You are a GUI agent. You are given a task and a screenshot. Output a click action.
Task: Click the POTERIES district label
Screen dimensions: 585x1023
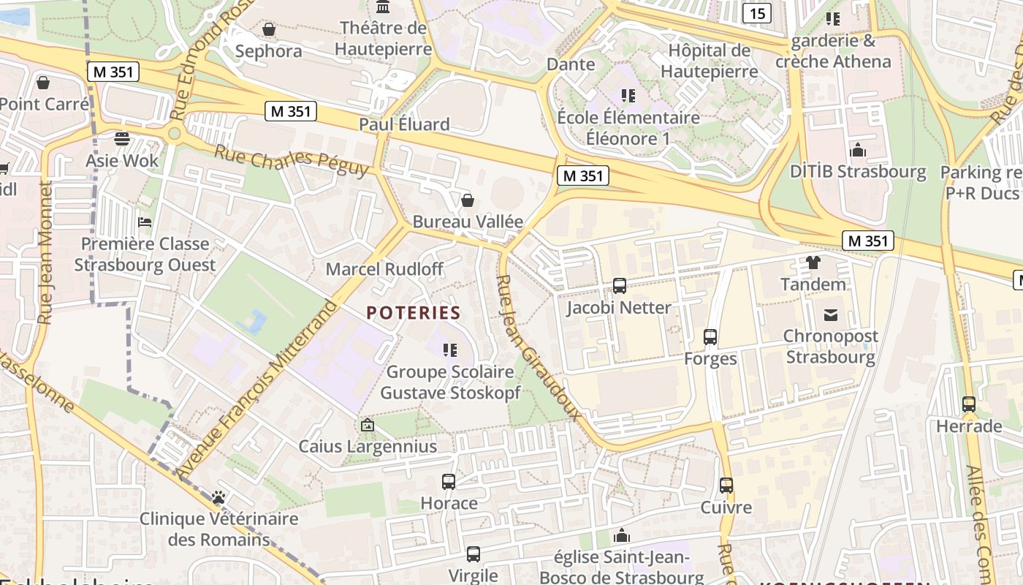tap(414, 313)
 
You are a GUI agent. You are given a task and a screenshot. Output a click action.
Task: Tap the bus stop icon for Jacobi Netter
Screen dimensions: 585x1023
tap(619, 285)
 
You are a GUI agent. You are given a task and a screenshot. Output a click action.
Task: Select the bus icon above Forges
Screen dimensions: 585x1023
tap(710, 337)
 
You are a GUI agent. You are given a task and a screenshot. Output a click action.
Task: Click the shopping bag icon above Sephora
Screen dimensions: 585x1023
tap(268, 29)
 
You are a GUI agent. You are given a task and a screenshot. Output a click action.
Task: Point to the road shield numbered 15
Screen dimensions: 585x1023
tap(758, 12)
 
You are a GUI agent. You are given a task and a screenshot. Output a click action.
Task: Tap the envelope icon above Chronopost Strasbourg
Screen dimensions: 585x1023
tap(830, 315)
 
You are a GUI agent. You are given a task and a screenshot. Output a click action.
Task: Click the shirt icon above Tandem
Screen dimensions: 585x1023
tap(813, 262)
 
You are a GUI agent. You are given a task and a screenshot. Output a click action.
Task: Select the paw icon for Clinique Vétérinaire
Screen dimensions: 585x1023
tap(218, 497)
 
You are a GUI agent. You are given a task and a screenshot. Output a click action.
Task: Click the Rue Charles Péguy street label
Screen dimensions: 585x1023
tap(292, 160)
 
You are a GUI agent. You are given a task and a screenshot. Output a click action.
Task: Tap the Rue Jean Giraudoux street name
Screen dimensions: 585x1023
tap(539, 348)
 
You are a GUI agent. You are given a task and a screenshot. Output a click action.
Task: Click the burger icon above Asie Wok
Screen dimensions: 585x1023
tap(121, 138)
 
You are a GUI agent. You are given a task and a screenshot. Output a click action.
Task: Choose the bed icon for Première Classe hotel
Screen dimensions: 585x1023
tap(145, 222)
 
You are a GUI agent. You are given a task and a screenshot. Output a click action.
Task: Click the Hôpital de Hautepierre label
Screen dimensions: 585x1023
tap(709, 61)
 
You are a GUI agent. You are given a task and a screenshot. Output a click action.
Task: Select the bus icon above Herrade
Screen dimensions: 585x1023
tap(968, 404)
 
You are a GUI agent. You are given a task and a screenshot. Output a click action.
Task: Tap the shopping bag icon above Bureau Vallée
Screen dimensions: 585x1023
tap(468, 200)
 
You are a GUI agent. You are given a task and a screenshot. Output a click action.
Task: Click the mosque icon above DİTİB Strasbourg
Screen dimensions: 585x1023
tap(858, 150)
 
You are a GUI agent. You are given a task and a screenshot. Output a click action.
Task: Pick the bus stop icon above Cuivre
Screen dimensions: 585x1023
tap(726, 486)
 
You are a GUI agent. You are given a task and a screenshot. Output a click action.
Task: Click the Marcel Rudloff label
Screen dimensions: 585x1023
tap(384, 268)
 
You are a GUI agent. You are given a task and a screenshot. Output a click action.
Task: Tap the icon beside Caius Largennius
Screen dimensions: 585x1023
tap(368, 425)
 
